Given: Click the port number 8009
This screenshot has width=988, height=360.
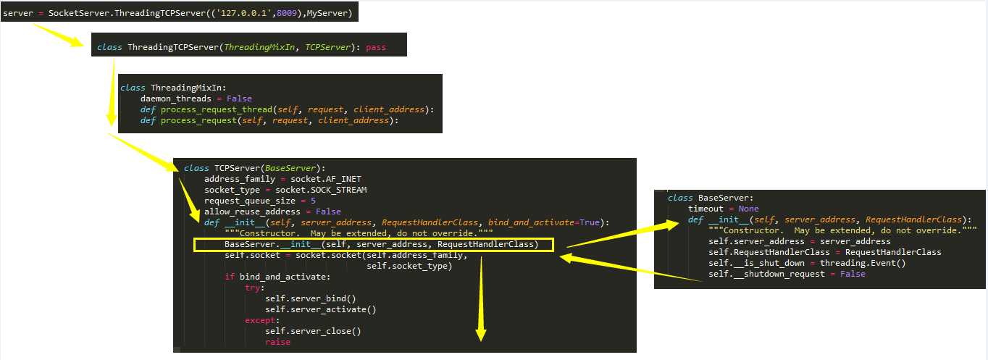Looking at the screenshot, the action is coord(287,13).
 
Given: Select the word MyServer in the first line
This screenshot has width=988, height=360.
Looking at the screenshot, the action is coord(327,13).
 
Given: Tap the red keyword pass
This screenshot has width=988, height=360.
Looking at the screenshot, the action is coord(376,47).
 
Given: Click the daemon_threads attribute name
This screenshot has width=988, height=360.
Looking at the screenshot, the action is coord(176,99).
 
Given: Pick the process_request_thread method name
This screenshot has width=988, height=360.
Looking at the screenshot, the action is coord(217,109).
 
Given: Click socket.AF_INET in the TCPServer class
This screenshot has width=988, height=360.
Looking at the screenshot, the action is coord(325,179).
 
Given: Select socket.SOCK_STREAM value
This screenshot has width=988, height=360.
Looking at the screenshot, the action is coord(321,190).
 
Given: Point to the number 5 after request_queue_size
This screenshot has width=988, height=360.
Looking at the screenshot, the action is coord(313,201).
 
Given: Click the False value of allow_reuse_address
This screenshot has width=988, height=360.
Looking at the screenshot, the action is coord(328,212).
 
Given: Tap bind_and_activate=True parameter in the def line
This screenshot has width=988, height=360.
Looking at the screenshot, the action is coord(544,222).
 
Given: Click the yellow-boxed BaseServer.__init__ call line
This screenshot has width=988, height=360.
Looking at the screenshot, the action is coord(382,244).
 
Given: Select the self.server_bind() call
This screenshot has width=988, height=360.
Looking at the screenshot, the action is coord(311,298).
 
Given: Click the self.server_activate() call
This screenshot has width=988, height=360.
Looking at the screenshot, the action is coord(321,310).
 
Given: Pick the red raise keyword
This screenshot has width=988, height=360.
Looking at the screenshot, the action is coord(278,342).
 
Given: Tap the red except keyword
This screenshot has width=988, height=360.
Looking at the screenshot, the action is coord(260,320).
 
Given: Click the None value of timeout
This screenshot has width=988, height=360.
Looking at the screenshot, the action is coord(748,209).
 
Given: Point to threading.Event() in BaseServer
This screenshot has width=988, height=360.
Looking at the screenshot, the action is coord(863,263).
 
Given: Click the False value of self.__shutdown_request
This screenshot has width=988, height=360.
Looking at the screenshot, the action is coord(853,274).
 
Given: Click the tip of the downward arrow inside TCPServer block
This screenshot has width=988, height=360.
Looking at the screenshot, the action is coord(481,340).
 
